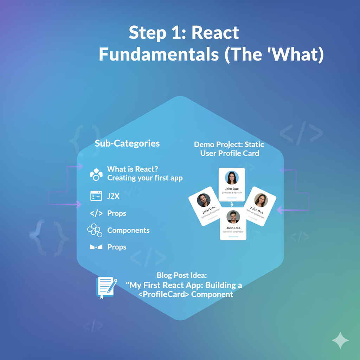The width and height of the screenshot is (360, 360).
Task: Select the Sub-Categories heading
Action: [x=127, y=143]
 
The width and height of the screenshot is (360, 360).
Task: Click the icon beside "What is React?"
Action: [x=96, y=174]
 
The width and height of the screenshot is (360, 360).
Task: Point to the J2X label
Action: [x=113, y=197]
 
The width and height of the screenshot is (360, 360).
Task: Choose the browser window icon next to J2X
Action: [x=96, y=196]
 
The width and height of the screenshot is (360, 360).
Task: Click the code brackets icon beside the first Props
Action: [x=96, y=213]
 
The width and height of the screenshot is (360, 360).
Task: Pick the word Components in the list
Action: [x=128, y=230]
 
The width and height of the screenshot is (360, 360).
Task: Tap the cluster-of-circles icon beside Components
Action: [x=94, y=230]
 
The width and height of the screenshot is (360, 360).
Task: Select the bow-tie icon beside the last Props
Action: [x=96, y=247]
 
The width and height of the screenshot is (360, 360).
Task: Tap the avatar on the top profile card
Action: [x=232, y=178]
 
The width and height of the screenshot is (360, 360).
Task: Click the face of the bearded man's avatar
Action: [x=204, y=200]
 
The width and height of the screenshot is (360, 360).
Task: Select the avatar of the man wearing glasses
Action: [x=233, y=217]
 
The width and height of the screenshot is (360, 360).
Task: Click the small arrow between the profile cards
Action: [x=231, y=204]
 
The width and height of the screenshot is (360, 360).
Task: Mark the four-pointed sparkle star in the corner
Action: [x=340, y=340]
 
